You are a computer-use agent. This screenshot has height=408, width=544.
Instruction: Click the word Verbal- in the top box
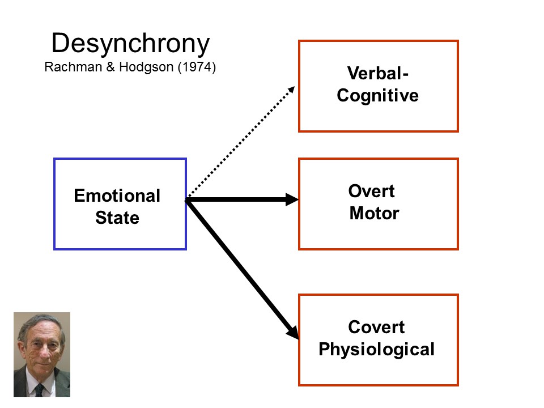pyautogui.click(x=377, y=74)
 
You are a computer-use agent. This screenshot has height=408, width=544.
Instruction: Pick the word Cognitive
pyautogui.click(x=377, y=95)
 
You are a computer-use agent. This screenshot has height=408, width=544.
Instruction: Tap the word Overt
pyautogui.click(x=371, y=192)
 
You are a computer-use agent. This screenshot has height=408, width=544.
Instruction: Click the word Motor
pyautogui.click(x=374, y=214)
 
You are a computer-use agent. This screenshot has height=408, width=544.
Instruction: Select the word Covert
pyautogui.click(x=376, y=327)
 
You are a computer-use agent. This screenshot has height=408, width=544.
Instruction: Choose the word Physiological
pyautogui.click(x=376, y=349)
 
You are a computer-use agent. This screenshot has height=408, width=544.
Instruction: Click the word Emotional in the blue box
pyautogui.click(x=117, y=196)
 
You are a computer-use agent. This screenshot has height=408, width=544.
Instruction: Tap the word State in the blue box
pyautogui.click(x=117, y=218)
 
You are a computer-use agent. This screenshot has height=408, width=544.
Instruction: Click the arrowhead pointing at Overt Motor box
pyautogui.click(x=292, y=199)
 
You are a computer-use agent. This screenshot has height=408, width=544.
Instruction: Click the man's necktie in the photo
pyautogui.click(x=39, y=390)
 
